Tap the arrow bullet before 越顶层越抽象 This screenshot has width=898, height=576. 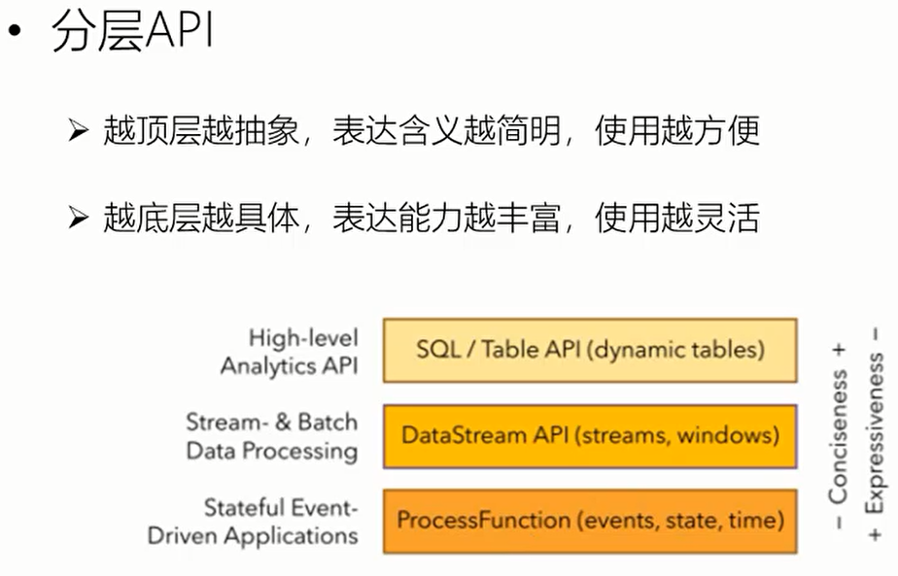79,131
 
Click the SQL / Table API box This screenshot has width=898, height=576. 590,350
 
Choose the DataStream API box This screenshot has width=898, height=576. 590,435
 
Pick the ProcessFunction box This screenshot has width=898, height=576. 590,521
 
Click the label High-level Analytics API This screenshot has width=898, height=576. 290,352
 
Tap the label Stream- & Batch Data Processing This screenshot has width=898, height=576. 272,436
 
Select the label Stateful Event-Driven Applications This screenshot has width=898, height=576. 254,521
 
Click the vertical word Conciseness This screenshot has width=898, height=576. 838,436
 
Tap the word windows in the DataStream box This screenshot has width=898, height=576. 727,435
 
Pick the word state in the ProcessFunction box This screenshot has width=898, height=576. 689,521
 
